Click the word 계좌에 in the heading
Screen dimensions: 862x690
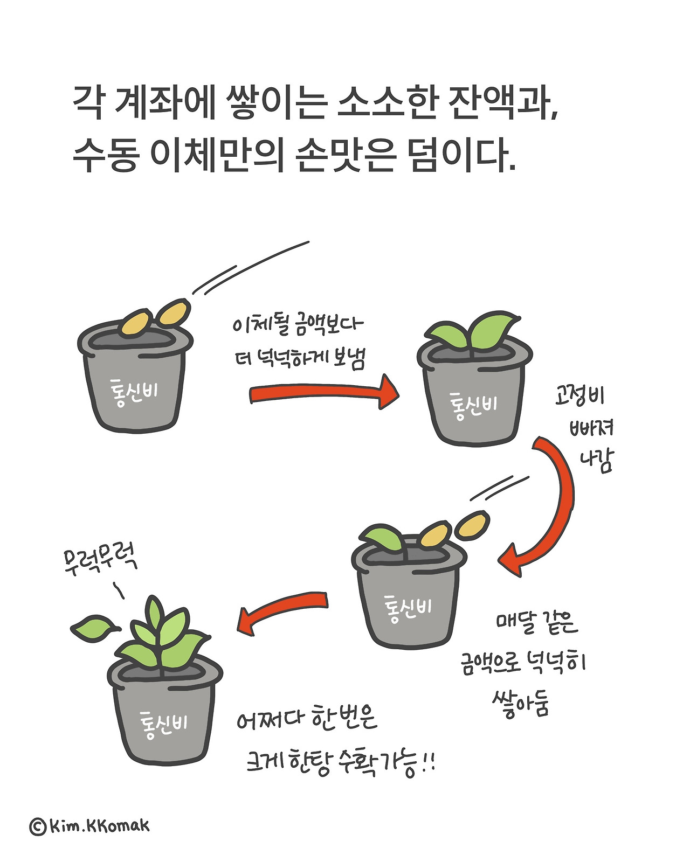[x=165, y=102]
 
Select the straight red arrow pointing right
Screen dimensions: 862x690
[x=323, y=393]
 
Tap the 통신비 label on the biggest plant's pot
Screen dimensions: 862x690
[x=164, y=724]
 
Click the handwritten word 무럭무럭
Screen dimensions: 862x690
[x=100, y=560]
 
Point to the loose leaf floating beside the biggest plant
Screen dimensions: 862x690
[x=93, y=628]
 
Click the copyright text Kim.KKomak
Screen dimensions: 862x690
[x=90, y=825]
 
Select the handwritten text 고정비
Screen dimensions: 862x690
[x=579, y=396]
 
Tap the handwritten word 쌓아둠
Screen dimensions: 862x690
[x=520, y=703]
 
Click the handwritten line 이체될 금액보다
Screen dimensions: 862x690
[x=298, y=325]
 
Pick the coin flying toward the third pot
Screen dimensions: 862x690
[x=473, y=526]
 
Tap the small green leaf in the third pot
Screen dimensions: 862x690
[x=381, y=537]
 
